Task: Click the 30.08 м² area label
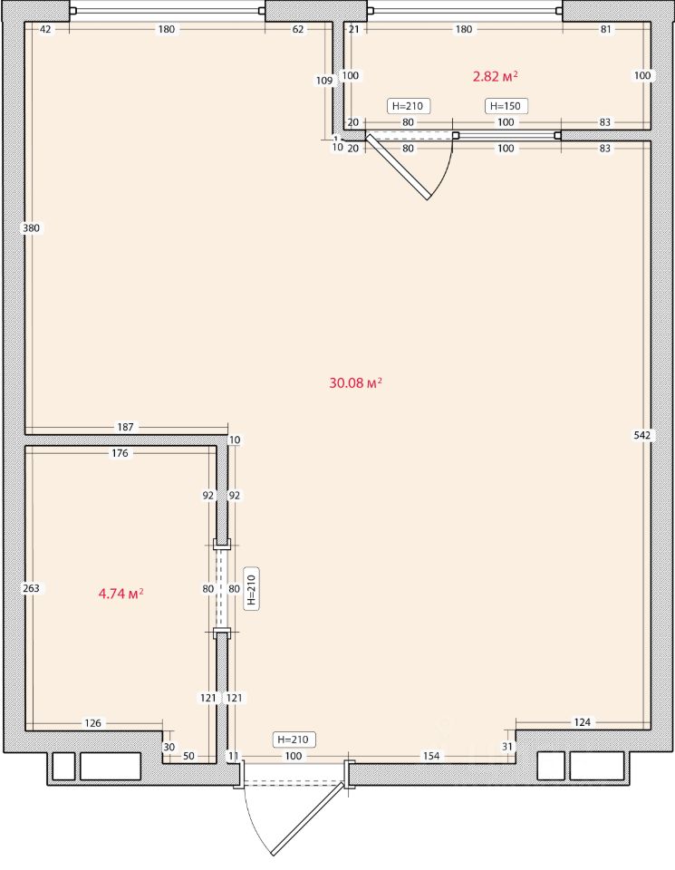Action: click(355, 382)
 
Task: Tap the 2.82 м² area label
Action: click(496, 76)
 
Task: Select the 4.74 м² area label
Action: click(121, 594)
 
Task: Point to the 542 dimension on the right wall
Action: click(641, 436)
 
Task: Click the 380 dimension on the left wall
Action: click(31, 227)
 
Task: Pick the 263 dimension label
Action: click(31, 588)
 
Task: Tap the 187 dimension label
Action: click(125, 427)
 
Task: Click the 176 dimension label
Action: click(120, 453)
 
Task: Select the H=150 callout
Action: click(506, 106)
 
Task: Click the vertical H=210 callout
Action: click(251, 589)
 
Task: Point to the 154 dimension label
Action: click(431, 756)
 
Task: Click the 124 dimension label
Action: click(583, 722)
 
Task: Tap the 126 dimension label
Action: click(92, 723)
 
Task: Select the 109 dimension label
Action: click(324, 81)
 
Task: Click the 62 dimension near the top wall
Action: click(298, 29)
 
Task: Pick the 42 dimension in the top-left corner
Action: click(45, 29)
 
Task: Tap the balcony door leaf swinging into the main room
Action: click(398, 166)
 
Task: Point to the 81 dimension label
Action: click(605, 29)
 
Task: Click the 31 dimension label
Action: click(507, 747)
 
